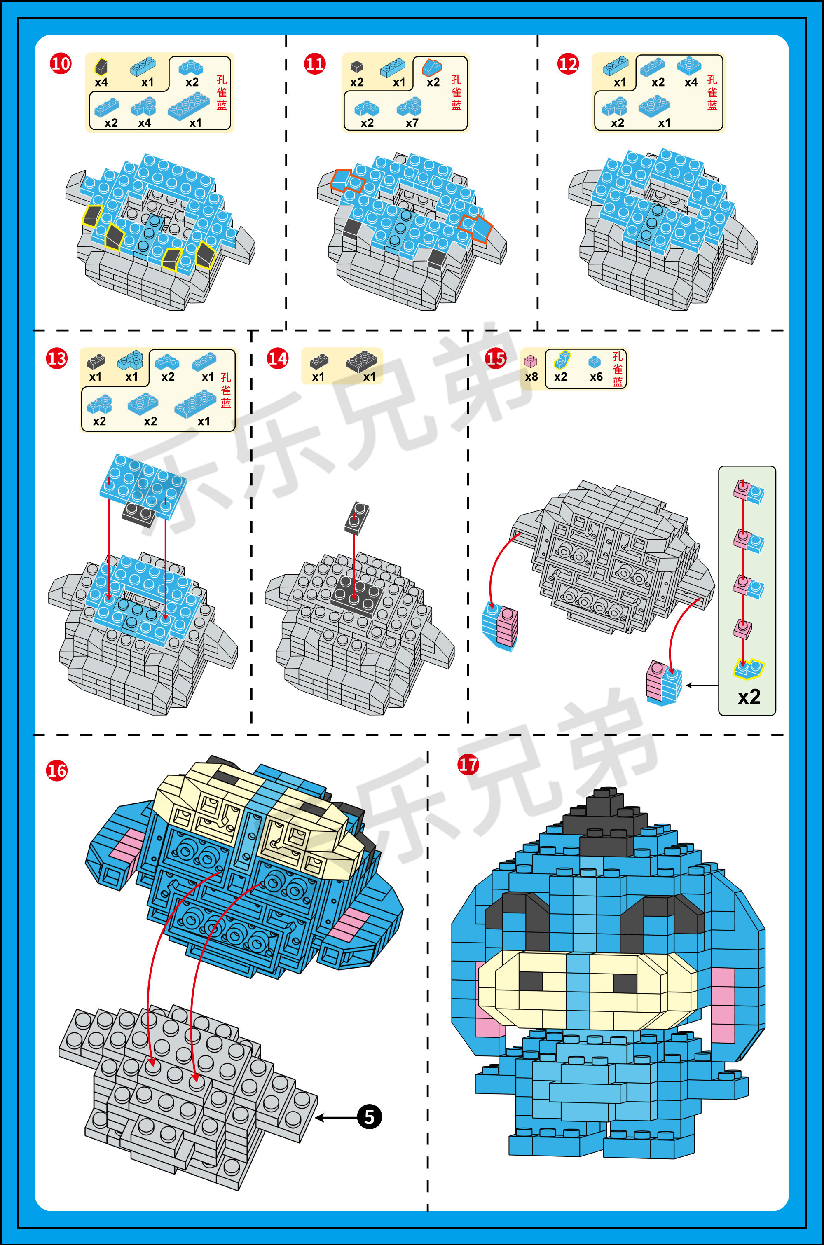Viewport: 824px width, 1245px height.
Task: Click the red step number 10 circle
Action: tap(61, 64)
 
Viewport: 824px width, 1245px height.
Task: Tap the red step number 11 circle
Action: tap(315, 64)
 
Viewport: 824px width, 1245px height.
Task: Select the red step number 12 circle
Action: tap(568, 64)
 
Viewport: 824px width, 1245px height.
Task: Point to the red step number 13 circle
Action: tap(57, 359)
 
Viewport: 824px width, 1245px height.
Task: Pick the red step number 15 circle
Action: tap(496, 359)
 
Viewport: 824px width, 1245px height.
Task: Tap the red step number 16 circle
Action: tap(57, 771)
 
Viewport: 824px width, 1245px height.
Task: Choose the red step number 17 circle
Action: tap(468, 764)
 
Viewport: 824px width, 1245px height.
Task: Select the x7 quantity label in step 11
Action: tap(412, 123)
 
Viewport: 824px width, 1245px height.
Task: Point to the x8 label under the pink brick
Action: tap(531, 377)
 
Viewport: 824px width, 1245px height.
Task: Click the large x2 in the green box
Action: tap(749, 697)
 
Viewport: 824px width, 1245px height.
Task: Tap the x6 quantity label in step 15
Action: tap(596, 377)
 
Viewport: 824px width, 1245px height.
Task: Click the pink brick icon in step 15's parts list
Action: tap(531, 361)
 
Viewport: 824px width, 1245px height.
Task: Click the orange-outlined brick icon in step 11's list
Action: tap(432, 67)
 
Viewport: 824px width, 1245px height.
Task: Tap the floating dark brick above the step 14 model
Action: tap(357, 517)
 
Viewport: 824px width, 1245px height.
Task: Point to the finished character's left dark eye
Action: tap(531, 981)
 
